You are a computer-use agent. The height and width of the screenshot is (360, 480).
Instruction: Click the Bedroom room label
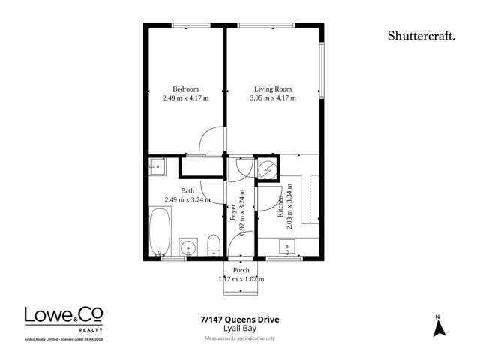click(x=186, y=88)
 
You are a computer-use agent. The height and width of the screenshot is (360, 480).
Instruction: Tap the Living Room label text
click(x=272, y=88)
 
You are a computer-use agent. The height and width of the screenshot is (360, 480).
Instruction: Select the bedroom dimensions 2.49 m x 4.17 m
click(x=186, y=98)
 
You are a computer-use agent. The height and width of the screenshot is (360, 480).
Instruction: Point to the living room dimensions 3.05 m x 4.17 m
click(x=273, y=98)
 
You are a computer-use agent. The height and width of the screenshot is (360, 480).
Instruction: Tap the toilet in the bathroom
click(x=213, y=244)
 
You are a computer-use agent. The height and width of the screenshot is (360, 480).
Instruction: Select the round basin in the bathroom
click(x=188, y=246)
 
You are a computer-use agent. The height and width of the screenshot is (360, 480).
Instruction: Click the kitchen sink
click(x=286, y=245)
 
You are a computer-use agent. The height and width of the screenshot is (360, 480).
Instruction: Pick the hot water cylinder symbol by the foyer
click(x=267, y=170)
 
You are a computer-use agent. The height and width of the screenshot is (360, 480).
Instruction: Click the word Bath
click(x=187, y=190)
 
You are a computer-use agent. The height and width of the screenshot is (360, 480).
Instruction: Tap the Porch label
click(x=241, y=270)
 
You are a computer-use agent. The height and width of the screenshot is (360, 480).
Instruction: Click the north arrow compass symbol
click(x=439, y=326)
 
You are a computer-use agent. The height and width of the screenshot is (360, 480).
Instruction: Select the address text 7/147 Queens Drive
click(x=240, y=319)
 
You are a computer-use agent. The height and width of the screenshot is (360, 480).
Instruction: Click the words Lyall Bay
click(x=240, y=328)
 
